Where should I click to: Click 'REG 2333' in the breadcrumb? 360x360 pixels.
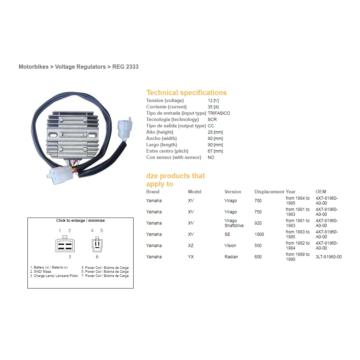(x=125, y=67)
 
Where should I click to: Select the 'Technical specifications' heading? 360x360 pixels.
(x=186, y=93)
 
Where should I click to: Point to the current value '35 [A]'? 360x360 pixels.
(x=213, y=107)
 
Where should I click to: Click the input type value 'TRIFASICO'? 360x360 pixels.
(x=219, y=113)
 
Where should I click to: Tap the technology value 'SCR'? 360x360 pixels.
(x=212, y=120)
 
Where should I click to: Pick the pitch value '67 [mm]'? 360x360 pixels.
(x=215, y=151)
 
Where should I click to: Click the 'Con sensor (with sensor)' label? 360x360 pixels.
(x=174, y=158)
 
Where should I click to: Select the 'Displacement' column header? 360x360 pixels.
(x=269, y=192)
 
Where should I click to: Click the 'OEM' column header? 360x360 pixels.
(x=321, y=192)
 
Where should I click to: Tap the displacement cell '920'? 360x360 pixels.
(x=258, y=223)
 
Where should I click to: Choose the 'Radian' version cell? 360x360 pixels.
(x=231, y=257)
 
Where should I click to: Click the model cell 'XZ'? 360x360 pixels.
(x=191, y=246)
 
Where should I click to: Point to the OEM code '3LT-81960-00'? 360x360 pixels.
(x=328, y=257)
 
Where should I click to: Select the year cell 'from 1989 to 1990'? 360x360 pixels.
(x=298, y=257)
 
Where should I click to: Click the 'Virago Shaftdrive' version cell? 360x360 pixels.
(x=234, y=223)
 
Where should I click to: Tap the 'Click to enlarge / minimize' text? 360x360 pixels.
(x=80, y=221)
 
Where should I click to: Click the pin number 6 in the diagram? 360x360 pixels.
(x=97, y=257)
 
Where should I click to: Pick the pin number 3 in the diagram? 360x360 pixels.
(x=69, y=257)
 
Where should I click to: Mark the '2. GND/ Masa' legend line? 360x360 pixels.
(x=41, y=272)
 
